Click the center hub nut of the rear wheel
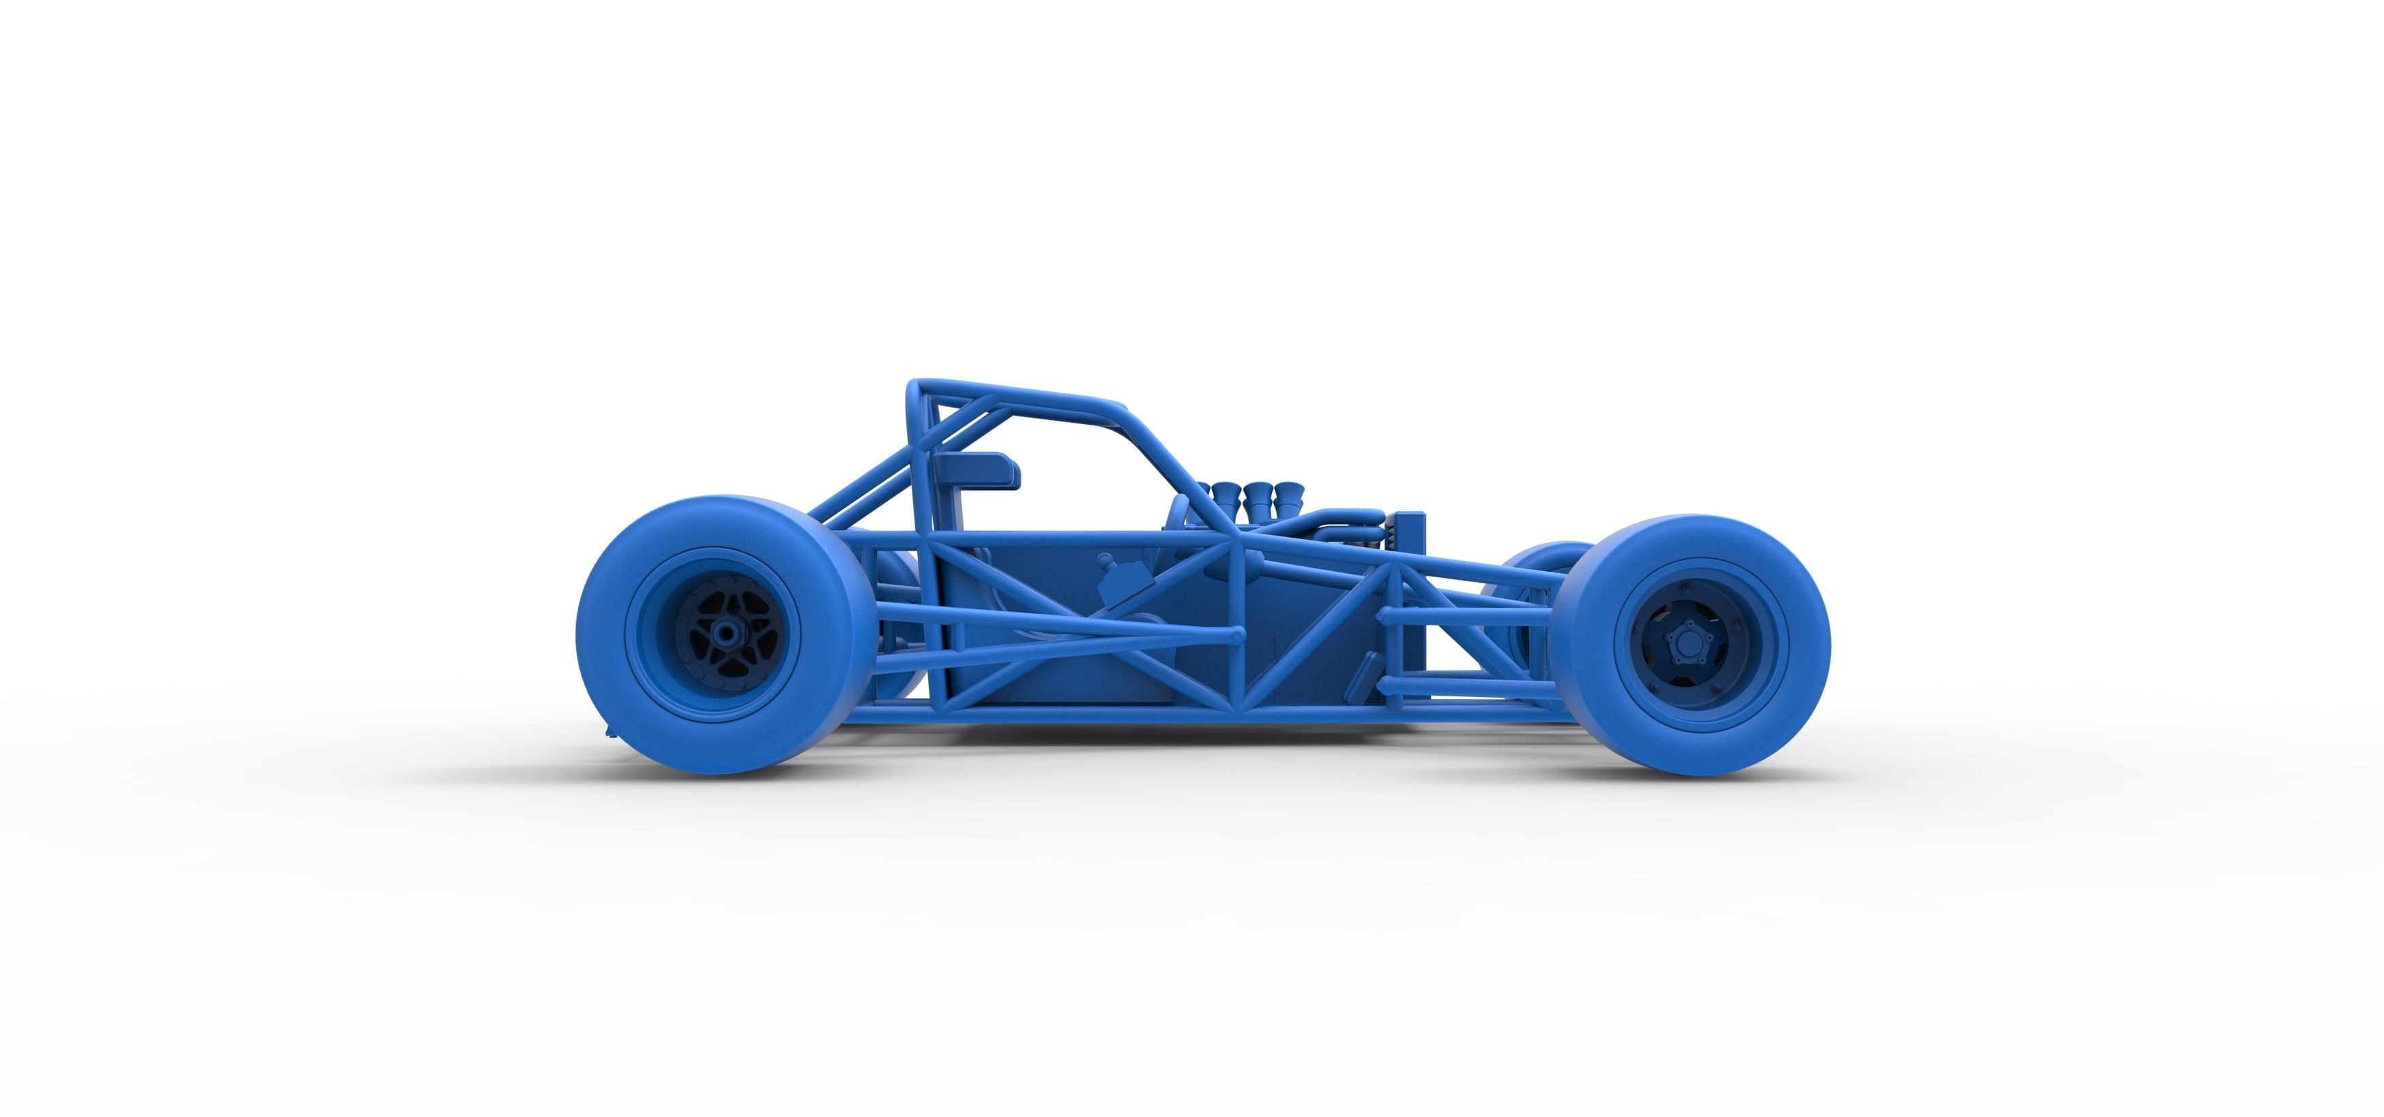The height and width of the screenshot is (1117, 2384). click(x=727, y=632)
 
